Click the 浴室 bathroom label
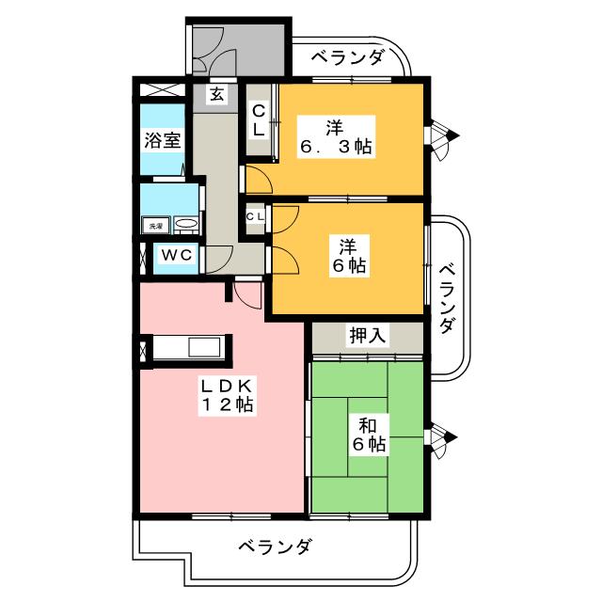click(162, 141)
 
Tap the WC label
click(175, 256)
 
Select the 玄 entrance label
click(217, 94)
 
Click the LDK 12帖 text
click(223, 395)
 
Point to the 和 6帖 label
click(368, 433)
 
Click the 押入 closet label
click(366, 336)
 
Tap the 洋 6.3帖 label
click(336, 135)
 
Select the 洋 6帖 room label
click(347, 254)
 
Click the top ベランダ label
click(348, 58)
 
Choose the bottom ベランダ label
click(274, 547)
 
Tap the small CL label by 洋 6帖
click(255, 216)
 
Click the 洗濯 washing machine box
click(153, 226)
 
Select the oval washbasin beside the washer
click(186, 225)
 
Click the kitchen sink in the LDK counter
click(203, 347)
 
